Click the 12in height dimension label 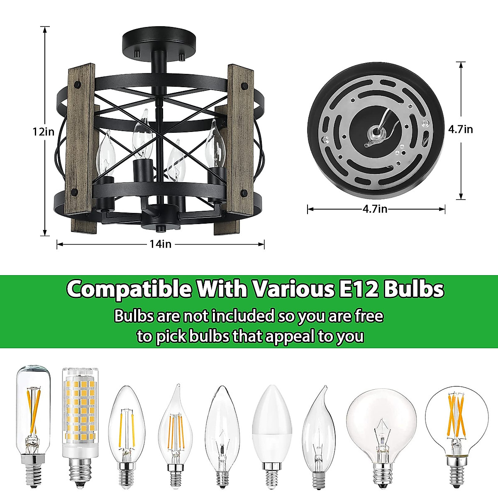click(44, 132)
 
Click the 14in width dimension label click(160, 244)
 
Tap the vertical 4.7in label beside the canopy click(460, 129)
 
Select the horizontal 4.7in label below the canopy click(375, 209)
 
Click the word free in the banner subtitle click(369, 316)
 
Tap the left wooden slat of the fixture click(81, 149)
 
